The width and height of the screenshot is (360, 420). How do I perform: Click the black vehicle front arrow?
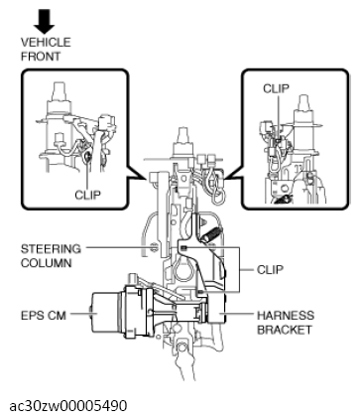(44, 21)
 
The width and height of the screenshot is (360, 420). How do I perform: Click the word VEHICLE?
(46, 43)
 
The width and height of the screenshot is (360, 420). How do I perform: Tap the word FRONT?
(41, 57)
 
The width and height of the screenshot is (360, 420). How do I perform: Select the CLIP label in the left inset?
(87, 195)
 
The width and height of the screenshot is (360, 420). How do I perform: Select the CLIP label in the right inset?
(276, 88)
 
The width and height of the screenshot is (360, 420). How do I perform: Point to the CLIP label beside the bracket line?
(270, 270)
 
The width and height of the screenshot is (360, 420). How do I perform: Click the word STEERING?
(51, 249)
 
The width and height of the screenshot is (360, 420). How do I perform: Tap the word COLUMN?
(46, 263)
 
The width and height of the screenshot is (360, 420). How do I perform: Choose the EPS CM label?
(44, 316)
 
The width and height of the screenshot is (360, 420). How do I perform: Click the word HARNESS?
(286, 316)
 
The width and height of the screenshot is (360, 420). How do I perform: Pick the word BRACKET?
(285, 330)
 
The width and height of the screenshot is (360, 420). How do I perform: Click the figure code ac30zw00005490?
(67, 406)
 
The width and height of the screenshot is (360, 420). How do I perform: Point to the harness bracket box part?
(216, 309)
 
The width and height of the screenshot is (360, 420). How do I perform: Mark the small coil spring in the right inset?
(282, 199)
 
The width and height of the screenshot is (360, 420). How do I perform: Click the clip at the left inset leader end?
(88, 155)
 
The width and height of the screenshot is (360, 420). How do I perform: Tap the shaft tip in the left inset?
(60, 91)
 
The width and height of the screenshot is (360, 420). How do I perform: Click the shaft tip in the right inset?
(303, 103)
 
